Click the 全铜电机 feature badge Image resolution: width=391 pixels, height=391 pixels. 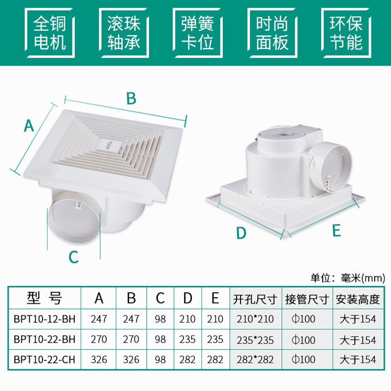tap(50, 33)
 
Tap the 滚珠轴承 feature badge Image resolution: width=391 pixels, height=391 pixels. tap(124, 33)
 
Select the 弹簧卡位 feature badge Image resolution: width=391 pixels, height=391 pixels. tap(197, 33)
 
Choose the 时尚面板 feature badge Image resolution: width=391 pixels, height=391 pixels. tap(272, 33)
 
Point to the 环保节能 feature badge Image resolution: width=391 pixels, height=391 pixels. tap(346, 33)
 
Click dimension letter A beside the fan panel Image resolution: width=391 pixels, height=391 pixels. tap(29, 126)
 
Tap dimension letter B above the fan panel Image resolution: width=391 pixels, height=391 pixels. tap(131, 99)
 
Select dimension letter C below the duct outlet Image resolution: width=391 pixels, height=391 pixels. tap(74, 257)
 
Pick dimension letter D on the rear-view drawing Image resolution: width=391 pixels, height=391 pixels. tap(241, 233)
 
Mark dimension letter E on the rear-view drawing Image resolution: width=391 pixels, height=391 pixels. tap(337, 230)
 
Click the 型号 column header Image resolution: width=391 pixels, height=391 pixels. tap(44, 298)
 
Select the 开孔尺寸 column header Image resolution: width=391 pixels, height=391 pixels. tap(255, 299)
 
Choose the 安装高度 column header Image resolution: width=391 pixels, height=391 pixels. tap(358, 299)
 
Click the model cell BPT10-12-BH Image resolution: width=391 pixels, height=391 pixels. tap(44, 319)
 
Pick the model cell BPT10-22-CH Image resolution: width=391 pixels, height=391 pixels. tap(44, 360)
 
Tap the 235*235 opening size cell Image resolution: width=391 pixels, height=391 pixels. tap(255, 340)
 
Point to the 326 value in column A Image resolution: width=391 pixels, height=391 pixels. tap(99, 360)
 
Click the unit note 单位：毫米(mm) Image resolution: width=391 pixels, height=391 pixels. tap(348, 278)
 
